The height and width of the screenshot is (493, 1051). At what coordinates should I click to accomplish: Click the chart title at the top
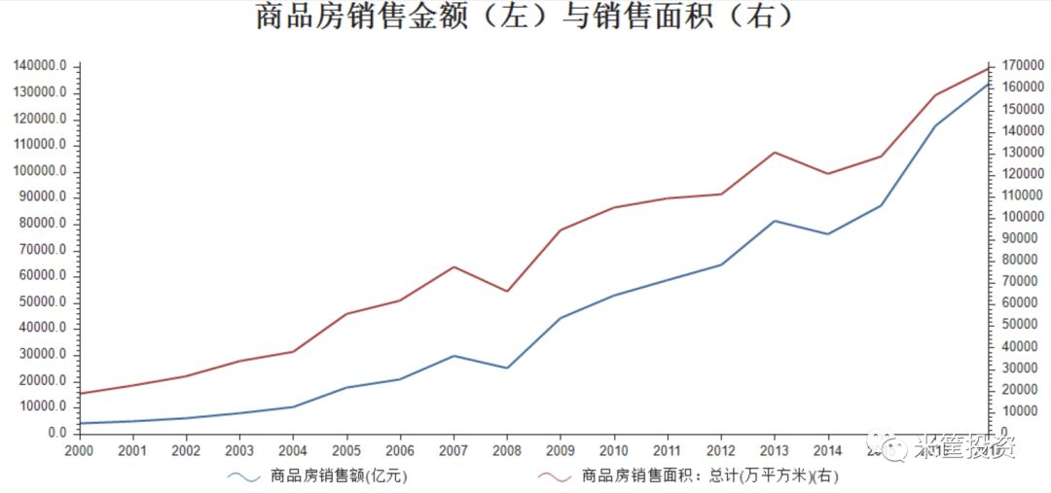click(x=525, y=18)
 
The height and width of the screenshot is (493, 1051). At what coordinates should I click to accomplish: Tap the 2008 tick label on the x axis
click(x=506, y=450)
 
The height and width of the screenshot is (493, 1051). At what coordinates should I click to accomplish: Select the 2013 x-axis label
click(x=774, y=450)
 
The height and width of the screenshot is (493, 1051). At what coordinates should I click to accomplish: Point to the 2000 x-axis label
click(x=79, y=450)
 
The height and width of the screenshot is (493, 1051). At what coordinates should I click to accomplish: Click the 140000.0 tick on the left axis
click(x=41, y=65)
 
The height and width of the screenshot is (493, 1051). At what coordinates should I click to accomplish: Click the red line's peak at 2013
click(x=774, y=153)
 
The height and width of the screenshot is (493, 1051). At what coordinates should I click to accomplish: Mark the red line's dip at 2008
click(x=506, y=291)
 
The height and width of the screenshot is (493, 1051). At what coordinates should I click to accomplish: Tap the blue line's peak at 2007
click(x=453, y=356)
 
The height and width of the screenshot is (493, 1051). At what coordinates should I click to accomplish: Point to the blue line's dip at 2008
click(x=506, y=368)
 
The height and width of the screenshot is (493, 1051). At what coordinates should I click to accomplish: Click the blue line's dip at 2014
click(x=827, y=234)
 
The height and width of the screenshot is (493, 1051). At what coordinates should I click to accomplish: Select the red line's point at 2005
click(x=346, y=314)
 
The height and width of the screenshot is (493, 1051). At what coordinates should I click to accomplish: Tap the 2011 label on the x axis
click(x=667, y=450)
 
